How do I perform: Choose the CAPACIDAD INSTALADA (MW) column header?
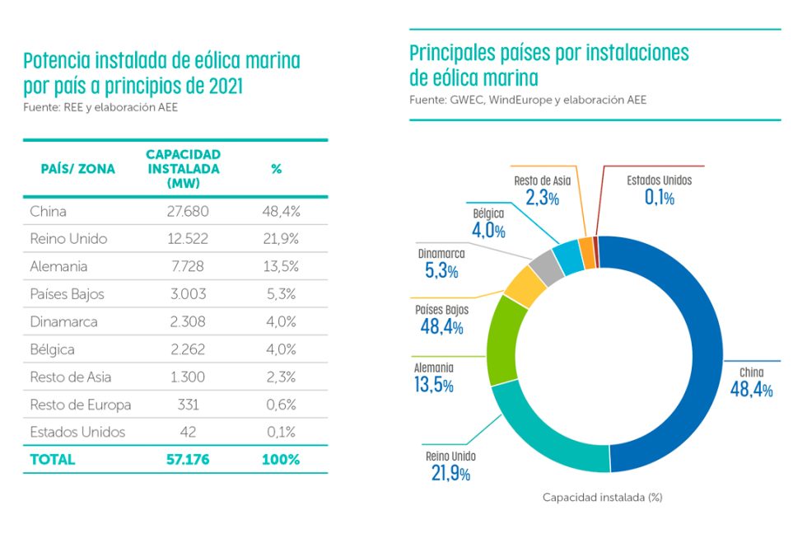pyautogui.click(x=183, y=169)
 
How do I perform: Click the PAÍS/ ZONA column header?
pyautogui.click(x=78, y=169)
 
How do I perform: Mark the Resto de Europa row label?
pyautogui.click(x=81, y=405)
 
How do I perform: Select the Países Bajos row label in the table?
pyautogui.click(x=67, y=294)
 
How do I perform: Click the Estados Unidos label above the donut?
pyautogui.click(x=659, y=180)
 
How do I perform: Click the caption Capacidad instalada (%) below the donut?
pyautogui.click(x=603, y=498)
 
